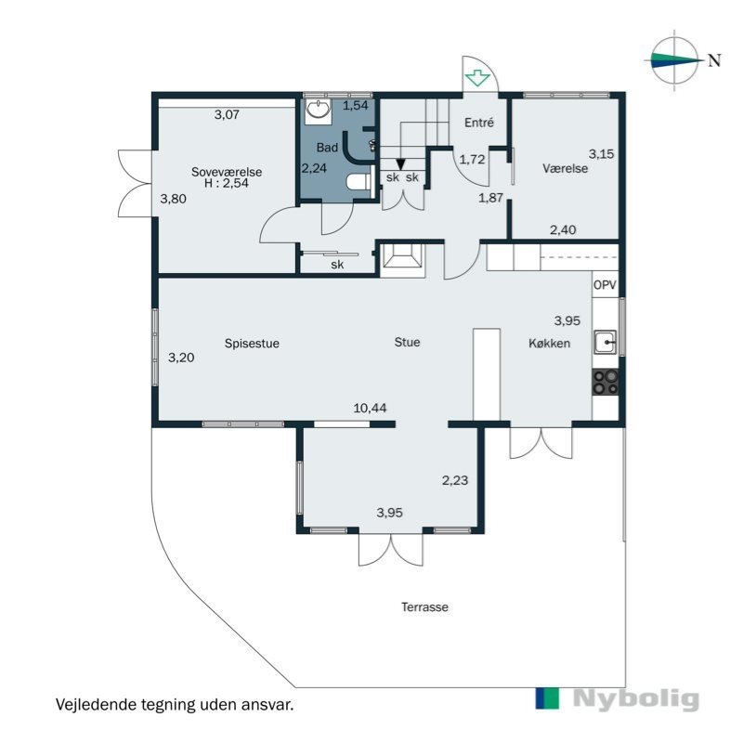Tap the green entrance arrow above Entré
coord(478,78)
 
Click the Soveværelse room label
coord(227,171)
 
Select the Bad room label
coord(326,148)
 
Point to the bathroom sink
coord(319,111)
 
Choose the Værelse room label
coord(566,169)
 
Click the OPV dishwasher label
coord(605,285)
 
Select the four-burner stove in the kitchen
coord(606,380)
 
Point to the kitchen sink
coord(606,343)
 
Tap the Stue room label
coord(407,342)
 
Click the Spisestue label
coord(252,343)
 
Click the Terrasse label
coord(424,606)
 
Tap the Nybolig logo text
coord(635,699)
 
